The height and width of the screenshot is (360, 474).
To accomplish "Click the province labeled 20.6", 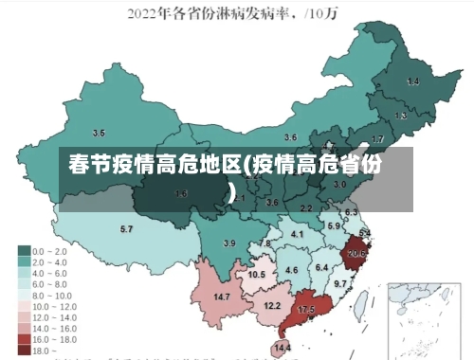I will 356,253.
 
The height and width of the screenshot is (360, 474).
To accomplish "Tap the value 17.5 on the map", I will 306,310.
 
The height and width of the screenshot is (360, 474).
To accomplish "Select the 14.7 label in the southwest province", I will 222,297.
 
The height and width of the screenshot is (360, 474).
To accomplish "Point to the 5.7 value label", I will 126,228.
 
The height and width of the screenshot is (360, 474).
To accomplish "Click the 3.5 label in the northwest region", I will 98,133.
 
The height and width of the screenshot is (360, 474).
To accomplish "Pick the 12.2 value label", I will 272,305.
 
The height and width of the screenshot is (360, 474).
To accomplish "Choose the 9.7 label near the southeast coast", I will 340,283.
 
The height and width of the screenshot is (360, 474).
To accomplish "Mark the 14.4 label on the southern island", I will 283,348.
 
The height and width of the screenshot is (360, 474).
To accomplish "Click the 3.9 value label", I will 228,243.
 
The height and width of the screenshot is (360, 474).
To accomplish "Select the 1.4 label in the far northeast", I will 412,81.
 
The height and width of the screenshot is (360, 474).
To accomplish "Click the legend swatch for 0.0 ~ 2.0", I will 23,251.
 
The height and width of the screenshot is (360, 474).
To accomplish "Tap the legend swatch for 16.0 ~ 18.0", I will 23,337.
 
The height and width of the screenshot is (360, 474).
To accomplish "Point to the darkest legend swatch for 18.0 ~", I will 23,349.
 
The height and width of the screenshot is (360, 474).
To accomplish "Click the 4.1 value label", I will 297,233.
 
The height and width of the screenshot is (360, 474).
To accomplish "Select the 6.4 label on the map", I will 320,267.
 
